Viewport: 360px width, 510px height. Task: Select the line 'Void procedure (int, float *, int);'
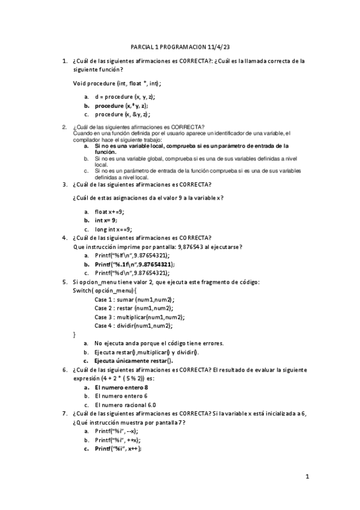click(x=117, y=83)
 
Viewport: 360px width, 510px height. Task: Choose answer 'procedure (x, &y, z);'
click(x=123, y=114)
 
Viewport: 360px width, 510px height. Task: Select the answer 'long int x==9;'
click(x=117, y=229)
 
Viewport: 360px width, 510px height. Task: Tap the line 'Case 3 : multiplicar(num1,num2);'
click(x=139, y=317)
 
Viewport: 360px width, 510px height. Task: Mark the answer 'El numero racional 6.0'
click(x=126, y=405)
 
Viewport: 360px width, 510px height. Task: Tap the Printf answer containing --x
click(x=116, y=431)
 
